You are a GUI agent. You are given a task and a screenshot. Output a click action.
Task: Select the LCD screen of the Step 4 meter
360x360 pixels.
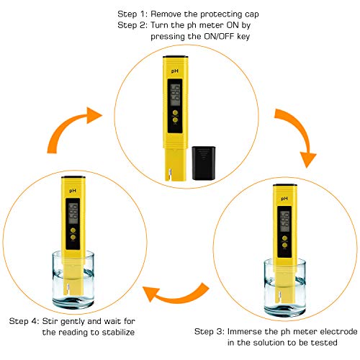point(73,213)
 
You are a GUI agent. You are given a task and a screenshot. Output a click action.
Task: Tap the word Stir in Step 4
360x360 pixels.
point(55,321)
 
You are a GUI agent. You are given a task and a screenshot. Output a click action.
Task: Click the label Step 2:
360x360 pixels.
point(133,24)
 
